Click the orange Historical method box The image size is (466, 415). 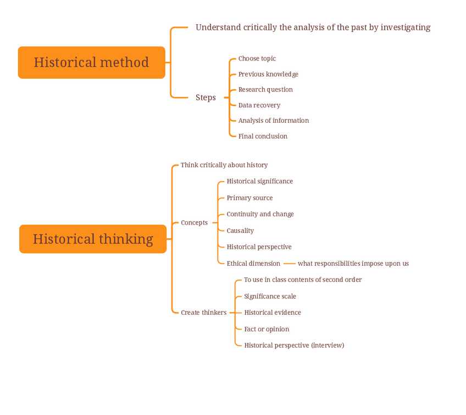pyautogui.click(x=91, y=62)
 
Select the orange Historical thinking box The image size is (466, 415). pyautogui.click(x=92, y=239)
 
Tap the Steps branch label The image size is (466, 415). pyautogui.click(x=206, y=97)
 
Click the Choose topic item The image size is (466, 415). pyautogui.click(x=257, y=58)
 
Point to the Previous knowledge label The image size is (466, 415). pyautogui.click(x=268, y=74)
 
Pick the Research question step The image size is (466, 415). pyautogui.click(x=265, y=90)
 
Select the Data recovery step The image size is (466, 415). pyautogui.click(x=259, y=105)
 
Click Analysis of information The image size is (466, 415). pyautogui.click(x=273, y=121)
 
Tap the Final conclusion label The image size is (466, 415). pyautogui.click(x=263, y=136)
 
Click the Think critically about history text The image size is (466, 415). pyautogui.click(x=224, y=165)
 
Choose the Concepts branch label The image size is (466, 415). pyautogui.click(x=194, y=223)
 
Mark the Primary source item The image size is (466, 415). pyautogui.click(x=249, y=198)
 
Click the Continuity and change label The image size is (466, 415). pyautogui.click(x=260, y=214)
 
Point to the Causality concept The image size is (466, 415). pyautogui.click(x=240, y=231)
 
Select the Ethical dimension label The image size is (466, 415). pyautogui.click(x=253, y=264)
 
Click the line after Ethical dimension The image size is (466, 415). pyautogui.click(x=290, y=264)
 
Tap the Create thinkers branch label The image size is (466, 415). pyautogui.click(x=203, y=313)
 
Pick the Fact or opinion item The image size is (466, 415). pyautogui.click(x=267, y=329)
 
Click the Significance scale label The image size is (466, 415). pyautogui.click(x=270, y=296)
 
